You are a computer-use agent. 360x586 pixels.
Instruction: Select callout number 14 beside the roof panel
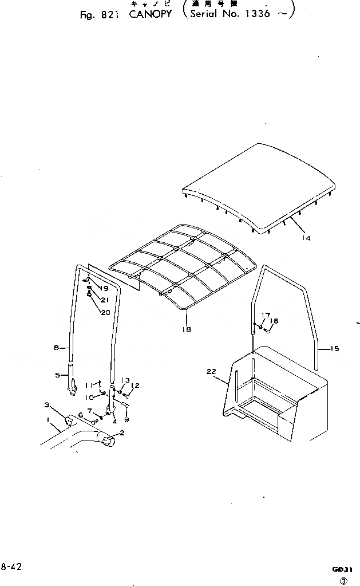pos(306,238)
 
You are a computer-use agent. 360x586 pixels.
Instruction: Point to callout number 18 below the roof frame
pos(187,329)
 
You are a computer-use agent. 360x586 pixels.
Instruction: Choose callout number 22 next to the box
pos(212,372)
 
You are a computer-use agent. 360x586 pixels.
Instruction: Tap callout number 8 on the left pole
pos(56,347)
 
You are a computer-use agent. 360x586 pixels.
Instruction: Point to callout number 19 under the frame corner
pos(105,288)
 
